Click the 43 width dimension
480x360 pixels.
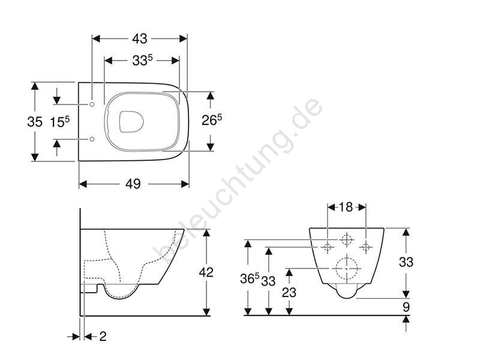(x=140, y=39)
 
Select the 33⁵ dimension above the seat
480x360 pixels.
(x=142, y=61)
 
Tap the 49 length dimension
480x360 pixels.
(x=133, y=184)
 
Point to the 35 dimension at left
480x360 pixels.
(x=35, y=122)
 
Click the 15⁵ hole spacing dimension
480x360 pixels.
(x=59, y=122)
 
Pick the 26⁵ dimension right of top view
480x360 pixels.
(x=212, y=120)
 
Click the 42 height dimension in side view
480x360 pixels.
(x=206, y=272)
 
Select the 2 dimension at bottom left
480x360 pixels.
(x=103, y=337)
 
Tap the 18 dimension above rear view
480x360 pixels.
(x=346, y=207)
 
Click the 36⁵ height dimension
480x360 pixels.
(x=250, y=278)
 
